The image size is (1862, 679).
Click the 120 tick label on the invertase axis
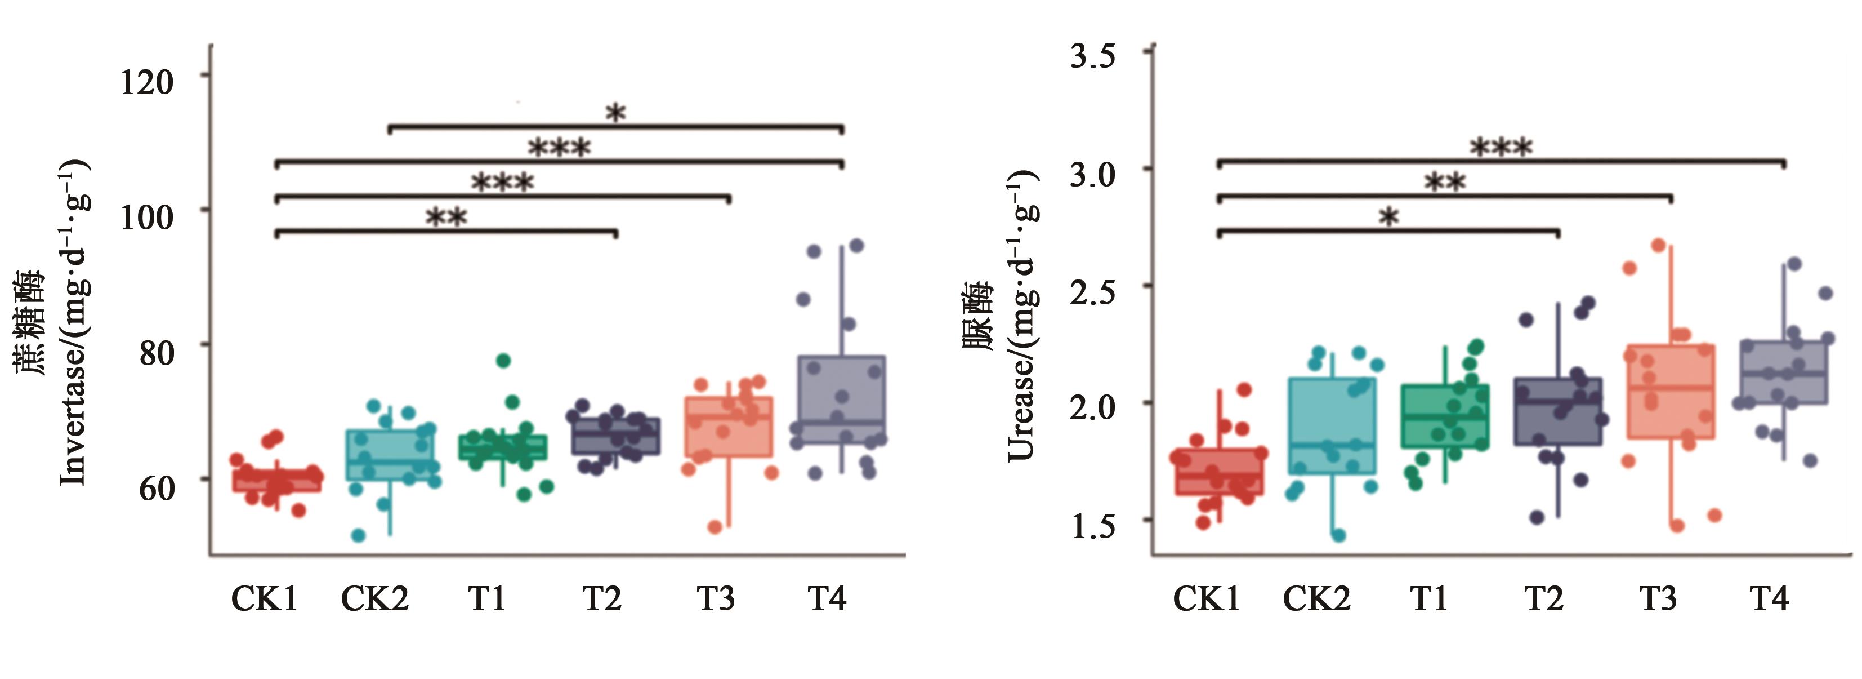tap(147, 81)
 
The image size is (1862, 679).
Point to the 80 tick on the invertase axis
tap(156, 352)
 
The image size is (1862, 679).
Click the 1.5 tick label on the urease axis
tap(1092, 526)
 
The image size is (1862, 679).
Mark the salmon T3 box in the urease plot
tap(1671, 391)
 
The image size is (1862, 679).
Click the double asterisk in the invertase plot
tap(446, 217)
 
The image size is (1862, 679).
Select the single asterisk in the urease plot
tap(1388, 217)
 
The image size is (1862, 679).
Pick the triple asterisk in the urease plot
tap(1501, 148)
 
